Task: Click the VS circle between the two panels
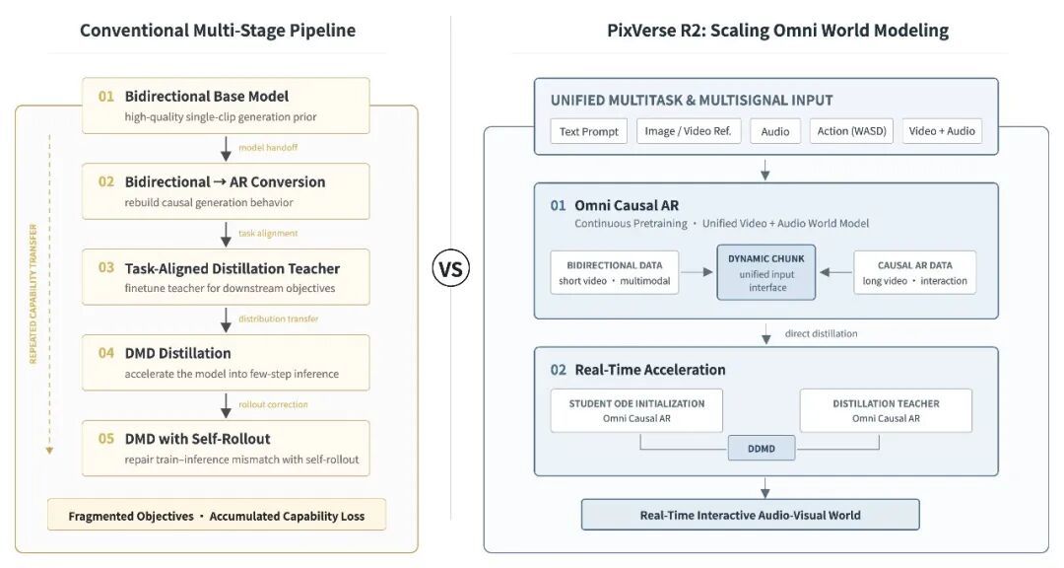pos(450,269)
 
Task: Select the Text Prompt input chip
pos(588,131)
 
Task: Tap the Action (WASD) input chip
pos(851,131)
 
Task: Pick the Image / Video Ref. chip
pos(688,131)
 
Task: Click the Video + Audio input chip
pos(941,131)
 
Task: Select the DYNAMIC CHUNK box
pos(766,272)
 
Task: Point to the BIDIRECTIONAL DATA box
pos(614,272)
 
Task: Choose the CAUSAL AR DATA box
pos(914,272)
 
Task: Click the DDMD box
pos(762,449)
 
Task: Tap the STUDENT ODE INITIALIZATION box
pos(636,410)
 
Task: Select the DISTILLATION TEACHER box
pos(886,410)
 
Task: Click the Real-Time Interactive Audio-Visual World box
pos(750,515)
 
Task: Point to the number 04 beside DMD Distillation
pos(105,353)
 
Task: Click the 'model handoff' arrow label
pos(268,148)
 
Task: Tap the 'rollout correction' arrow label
pos(273,404)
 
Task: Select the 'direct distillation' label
pos(821,333)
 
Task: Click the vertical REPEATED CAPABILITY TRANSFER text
pos(33,294)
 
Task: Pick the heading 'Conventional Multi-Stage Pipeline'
pos(218,31)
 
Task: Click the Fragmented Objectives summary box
pos(217,515)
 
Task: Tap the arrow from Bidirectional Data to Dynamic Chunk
pos(697,272)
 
